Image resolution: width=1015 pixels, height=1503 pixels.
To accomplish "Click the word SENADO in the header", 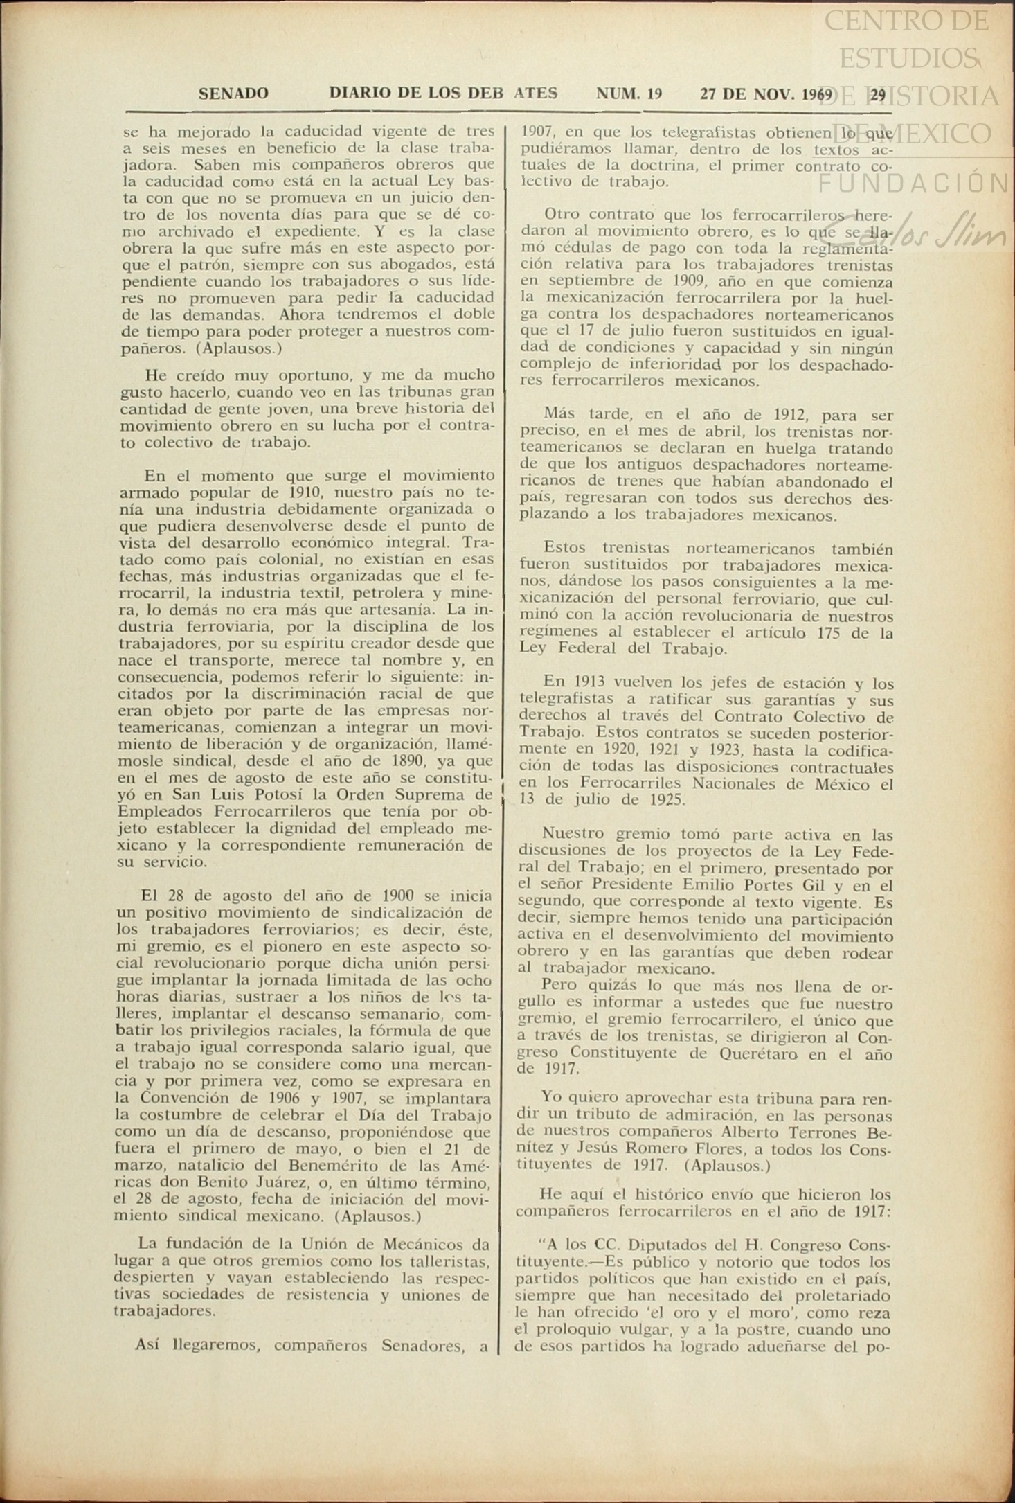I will (233, 94).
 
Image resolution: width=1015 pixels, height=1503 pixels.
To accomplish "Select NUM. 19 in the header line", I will (629, 94).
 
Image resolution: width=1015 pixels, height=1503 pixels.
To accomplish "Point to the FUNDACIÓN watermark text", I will (914, 184).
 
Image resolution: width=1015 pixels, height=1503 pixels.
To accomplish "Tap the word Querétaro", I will (788, 1054).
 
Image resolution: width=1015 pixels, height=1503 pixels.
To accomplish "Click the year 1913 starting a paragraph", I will (584, 684).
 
